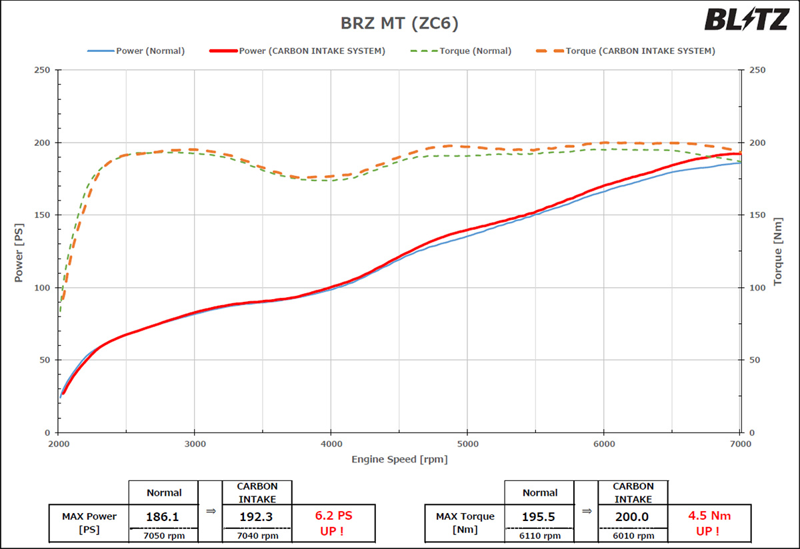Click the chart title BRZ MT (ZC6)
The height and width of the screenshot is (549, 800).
(x=399, y=23)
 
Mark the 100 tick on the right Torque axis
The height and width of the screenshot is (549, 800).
(x=757, y=288)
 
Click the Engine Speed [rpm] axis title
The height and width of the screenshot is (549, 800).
(x=399, y=459)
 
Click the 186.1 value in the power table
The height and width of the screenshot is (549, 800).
(x=164, y=516)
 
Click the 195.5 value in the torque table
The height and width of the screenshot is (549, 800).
(x=540, y=516)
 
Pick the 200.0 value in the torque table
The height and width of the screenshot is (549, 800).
(x=633, y=516)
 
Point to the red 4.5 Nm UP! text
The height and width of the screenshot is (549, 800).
(x=709, y=522)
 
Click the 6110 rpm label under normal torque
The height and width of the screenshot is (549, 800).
(x=540, y=536)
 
